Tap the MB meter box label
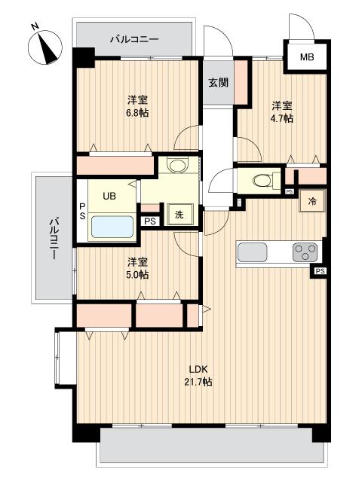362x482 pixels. pyautogui.click(x=307, y=57)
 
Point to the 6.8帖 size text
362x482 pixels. pyautogui.click(x=137, y=113)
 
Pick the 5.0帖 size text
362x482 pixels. pyautogui.click(x=137, y=275)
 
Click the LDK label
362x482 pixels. pyautogui.click(x=198, y=369)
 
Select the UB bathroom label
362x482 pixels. pyautogui.click(x=109, y=196)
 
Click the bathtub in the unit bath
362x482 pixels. pyautogui.click(x=112, y=226)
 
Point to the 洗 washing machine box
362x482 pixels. pyautogui.click(x=179, y=215)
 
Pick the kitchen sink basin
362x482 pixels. pyautogui.click(x=258, y=251)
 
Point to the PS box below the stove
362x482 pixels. pyautogui.click(x=321, y=271)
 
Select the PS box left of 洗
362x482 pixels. pyautogui.click(x=150, y=221)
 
